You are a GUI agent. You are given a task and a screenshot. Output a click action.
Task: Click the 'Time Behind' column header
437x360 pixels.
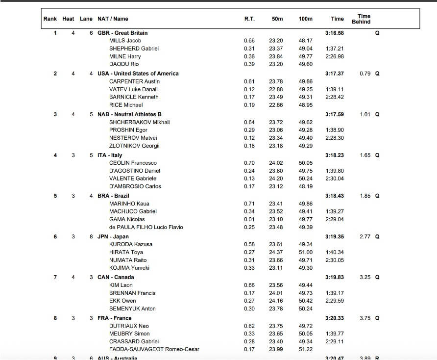[361, 19]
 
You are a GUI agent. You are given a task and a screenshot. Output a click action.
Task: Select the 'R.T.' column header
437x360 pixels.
[249, 19]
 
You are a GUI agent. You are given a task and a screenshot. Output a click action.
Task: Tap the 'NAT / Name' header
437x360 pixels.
[113, 19]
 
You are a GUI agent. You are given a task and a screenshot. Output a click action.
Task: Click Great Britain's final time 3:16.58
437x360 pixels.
[335, 33]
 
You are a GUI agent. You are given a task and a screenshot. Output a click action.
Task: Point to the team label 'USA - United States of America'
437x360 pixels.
[138, 74]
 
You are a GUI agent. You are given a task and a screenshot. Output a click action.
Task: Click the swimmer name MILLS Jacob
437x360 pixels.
[125, 41]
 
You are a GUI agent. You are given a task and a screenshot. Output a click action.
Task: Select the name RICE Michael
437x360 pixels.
[126, 105]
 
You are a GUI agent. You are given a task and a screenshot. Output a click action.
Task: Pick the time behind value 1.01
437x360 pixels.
[364, 114]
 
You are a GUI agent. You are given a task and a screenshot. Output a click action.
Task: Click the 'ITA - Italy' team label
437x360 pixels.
[110, 155]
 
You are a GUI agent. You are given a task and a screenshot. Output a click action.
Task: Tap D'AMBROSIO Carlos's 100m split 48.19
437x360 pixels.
[305, 186]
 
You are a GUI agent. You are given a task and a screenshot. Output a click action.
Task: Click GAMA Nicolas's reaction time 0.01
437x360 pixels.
[249, 219]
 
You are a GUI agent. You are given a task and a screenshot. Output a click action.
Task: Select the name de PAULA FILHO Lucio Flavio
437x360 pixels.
[146, 227]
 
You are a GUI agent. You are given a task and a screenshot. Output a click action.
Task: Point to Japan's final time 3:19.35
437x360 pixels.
[335, 236]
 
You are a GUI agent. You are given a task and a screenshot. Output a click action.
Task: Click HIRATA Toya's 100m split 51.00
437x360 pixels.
[305, 252]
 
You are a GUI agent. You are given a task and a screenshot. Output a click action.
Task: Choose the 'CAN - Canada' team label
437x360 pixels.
[116, 277]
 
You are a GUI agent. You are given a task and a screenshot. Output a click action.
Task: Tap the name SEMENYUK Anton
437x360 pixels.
[132, 309]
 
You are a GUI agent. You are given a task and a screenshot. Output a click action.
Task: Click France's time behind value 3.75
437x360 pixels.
[364, 318]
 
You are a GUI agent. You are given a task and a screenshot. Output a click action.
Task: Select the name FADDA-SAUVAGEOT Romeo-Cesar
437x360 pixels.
[154, 349]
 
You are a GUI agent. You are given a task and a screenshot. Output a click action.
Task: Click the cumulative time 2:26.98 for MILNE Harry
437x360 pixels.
[335, 56]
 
